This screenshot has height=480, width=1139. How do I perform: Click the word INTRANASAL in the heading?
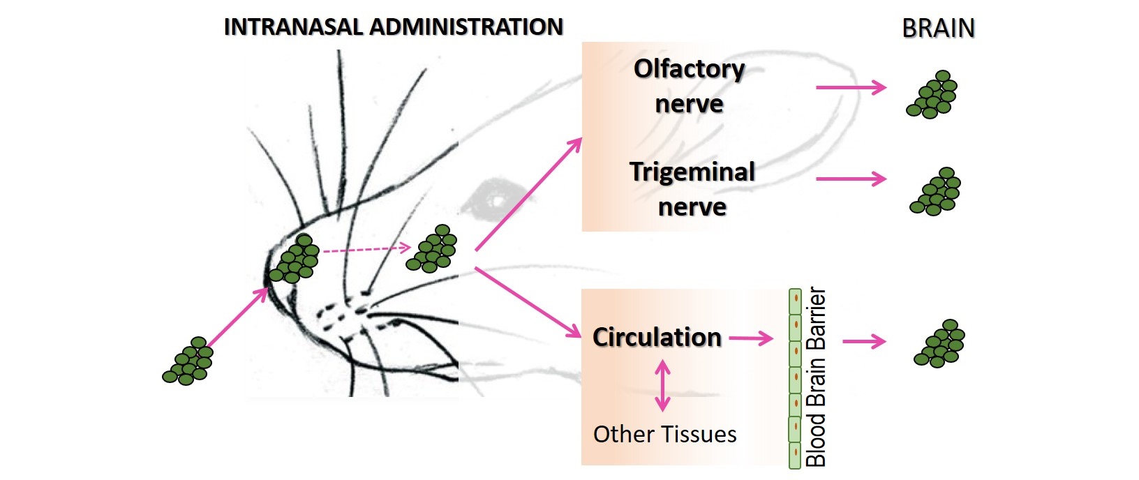click(x=294, y=27)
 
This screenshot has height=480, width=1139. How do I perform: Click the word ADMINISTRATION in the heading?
click(x=466, y=27)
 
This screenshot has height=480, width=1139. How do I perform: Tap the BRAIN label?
click(x=938, y=29)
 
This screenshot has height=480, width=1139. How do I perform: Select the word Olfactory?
click(x=689, y=69)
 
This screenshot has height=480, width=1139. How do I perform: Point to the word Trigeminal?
click(x=692, y=172)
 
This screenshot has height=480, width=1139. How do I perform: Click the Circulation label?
click(x=657, y=338)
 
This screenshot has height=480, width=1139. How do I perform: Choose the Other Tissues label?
click(x=664, y=434)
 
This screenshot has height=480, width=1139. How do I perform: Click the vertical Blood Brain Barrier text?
click(x=816, y=377)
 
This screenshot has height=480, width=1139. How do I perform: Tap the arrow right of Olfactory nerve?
click(x=851, y=88)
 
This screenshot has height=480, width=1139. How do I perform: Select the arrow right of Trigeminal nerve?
click(x=851, y=179)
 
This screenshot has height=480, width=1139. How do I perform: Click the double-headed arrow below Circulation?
click(x=662, y=385)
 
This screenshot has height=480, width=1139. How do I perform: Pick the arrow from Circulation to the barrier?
click(x=751, y=339)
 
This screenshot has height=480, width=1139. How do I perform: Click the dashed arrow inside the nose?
click(x=366, y=249)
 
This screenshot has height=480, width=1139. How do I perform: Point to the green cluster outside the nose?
click(x=188, y=361)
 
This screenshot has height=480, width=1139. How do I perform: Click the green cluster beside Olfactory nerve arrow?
click(x=932, y=94)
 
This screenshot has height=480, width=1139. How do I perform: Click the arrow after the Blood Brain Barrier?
click(x=864, y=342)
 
